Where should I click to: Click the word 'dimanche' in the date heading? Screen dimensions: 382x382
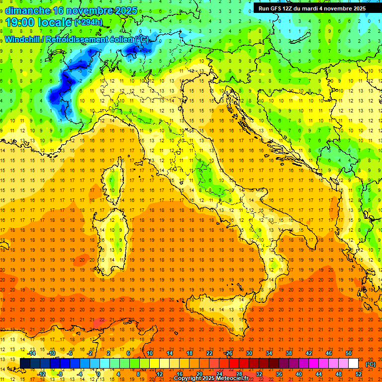click(x=27, y=10)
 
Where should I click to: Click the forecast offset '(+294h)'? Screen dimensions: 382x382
click(x=89, y=22)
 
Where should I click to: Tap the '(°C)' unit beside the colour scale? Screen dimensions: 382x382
click(x=371, y=364)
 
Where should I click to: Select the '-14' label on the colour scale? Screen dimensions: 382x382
click(x=32, y=353)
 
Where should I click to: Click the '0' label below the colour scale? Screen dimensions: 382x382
click(x=98, y=374)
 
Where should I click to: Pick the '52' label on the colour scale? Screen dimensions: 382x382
click(x=359, y=374)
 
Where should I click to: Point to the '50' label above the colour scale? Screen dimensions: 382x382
click(x=349, y=353)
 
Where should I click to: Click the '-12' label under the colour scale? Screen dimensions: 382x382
click(x=42, y=374)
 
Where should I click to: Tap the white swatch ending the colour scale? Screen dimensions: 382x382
click(x=354, y=364)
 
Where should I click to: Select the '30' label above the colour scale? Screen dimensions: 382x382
click(x=249, y=353)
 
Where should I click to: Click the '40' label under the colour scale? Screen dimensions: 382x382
click(x=299, y=374)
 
